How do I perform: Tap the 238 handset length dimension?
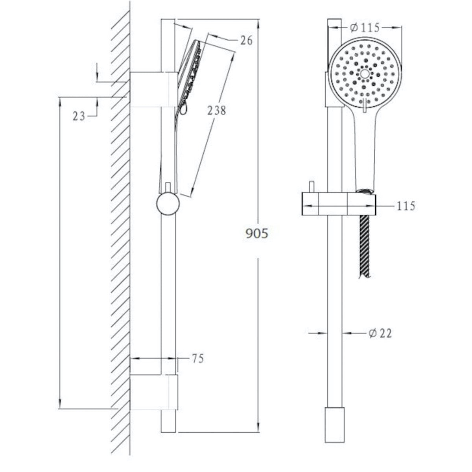coord(216,111)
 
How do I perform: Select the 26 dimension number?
coord(246,41)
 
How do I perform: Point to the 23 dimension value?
coord(79,116)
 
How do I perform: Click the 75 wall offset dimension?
coord(198,359)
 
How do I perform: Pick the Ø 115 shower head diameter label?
coord(365,28)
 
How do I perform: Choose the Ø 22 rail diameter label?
coord(380,333)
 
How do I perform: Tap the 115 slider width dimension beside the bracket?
coord(406,206)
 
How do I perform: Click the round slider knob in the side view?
coord(168,204)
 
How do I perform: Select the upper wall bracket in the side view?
coord(153,89)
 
